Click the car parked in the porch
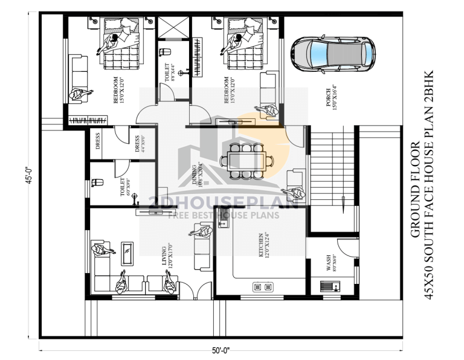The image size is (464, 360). pyautogui.click(x=330, y=52)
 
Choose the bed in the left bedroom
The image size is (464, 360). pyautogui.click(x=120, y=45)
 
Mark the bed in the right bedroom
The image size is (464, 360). pyautogui.click(x=243, y=45)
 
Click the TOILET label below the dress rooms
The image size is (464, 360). pyautogui.click(x=123, y=188)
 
